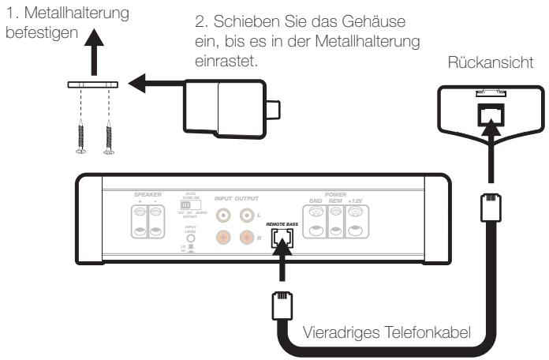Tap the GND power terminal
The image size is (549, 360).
pyautogui.click(x=316, y=222)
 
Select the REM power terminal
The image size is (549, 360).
pyautogui.click(x=335, y=222)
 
